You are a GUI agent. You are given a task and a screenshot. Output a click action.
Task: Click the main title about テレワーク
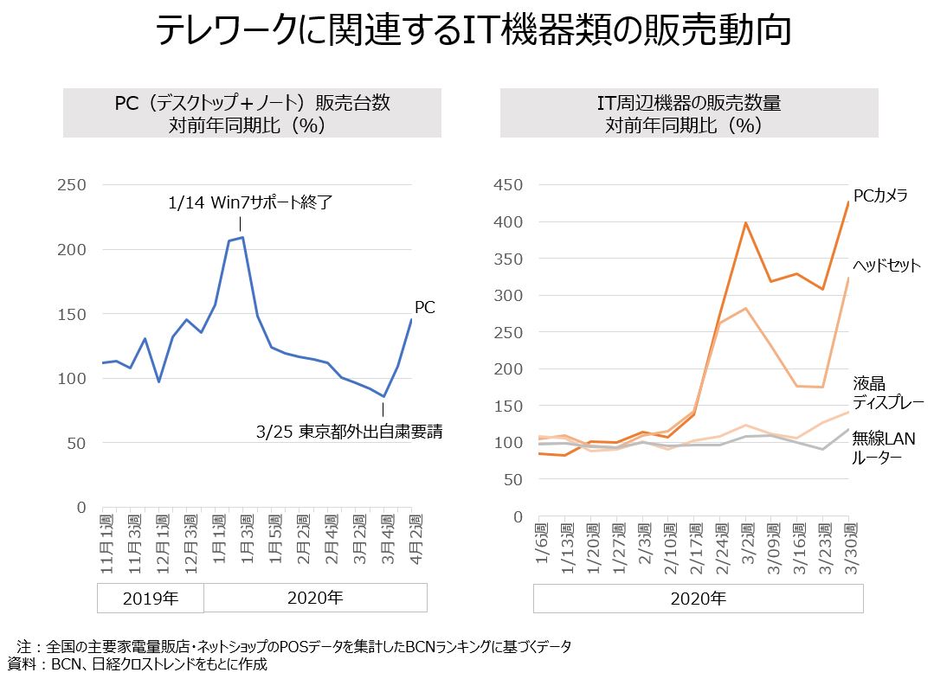[473, 30]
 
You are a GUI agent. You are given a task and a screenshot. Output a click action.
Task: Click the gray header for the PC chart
[252, 113]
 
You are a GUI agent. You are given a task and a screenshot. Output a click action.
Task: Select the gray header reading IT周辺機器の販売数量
[689, 113]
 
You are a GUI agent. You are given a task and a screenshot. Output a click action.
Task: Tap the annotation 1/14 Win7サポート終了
[250, 202]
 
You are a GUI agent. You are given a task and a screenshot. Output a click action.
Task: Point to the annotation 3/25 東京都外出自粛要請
[350, 432]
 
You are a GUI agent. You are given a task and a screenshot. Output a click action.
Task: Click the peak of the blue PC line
[242, 238]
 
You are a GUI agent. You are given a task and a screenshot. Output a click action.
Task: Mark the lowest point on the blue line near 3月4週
[384, 396]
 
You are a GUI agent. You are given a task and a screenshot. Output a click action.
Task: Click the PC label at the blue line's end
[425, 307]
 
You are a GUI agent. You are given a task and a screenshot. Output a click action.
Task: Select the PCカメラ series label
[880, 195]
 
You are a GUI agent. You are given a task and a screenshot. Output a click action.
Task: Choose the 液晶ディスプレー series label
[888, 393]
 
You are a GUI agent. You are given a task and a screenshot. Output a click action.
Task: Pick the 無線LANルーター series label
[884, 447]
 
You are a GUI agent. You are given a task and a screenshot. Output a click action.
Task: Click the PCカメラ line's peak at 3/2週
[746, 223]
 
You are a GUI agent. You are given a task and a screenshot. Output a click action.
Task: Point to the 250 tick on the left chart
[72, 184]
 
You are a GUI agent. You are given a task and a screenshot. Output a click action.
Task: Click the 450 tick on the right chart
[508, 184]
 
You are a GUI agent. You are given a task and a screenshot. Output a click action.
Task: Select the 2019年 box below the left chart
[151, 598]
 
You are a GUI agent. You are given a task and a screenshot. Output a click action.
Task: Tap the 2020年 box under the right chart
[698, 599]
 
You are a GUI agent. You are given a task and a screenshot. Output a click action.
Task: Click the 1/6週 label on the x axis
[541, 543]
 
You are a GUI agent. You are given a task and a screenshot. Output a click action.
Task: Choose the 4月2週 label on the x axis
[415, 539]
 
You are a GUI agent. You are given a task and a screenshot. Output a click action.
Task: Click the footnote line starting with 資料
[138, 664]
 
